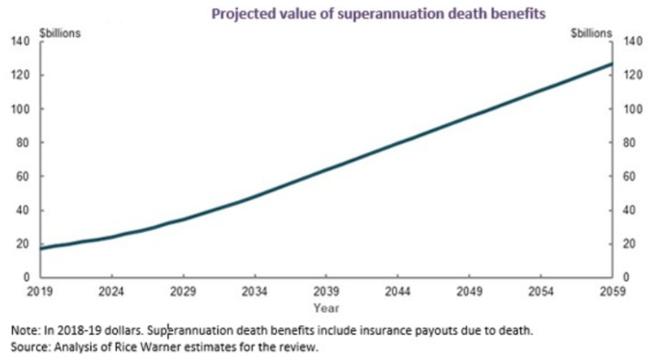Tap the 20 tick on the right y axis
coord(627,244)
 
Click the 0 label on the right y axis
coord(624,278)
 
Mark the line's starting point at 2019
coord(41,248)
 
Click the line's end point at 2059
coord(611,63)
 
